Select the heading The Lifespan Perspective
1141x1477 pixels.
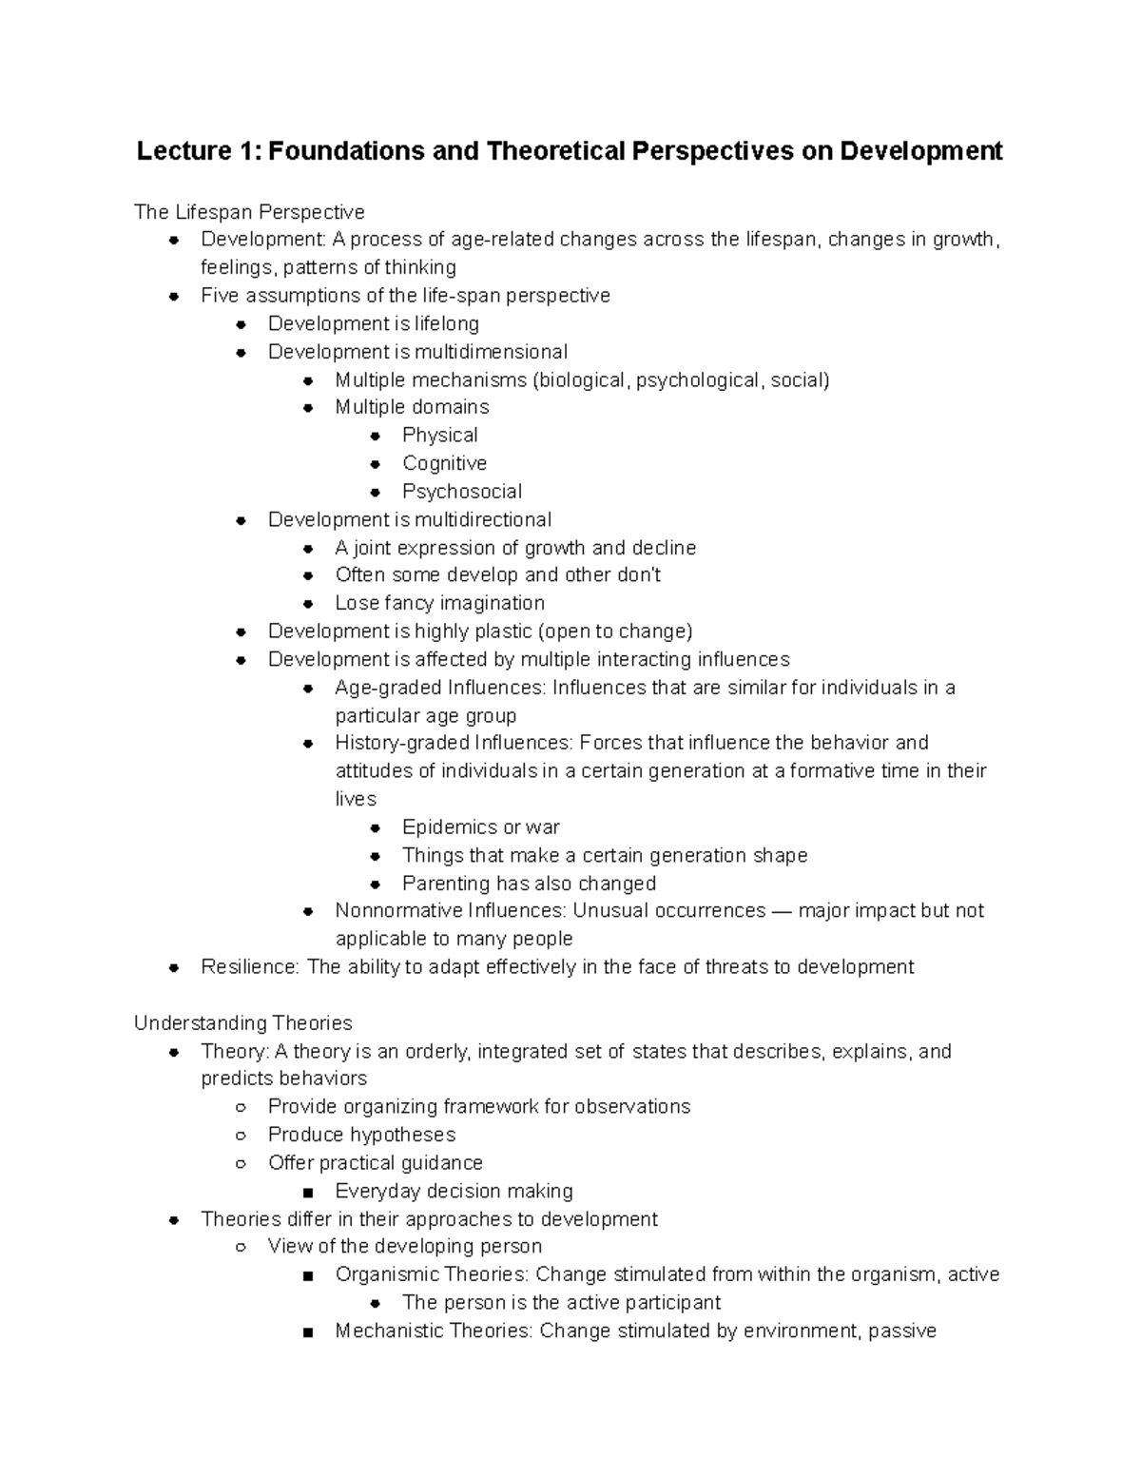249,211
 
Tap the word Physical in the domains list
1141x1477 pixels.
439,436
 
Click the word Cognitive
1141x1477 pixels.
444,463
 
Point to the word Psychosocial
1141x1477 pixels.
461,492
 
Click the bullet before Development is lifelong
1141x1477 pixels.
242,324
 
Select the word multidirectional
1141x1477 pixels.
485,519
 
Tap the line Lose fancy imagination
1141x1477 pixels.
439,603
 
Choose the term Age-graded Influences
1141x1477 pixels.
439,688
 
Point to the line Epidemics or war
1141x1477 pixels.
480,827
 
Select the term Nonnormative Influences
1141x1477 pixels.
450,911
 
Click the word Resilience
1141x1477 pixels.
249,967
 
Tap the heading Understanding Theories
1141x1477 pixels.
243,1023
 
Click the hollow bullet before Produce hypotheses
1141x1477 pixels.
242,1136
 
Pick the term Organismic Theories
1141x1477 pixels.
432,1274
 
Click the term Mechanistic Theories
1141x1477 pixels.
434,1331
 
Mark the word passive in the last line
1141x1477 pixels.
902,1331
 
